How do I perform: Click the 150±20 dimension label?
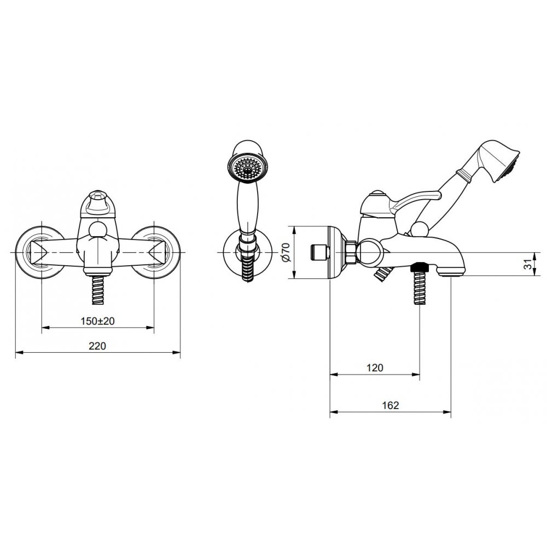[x=98, y=321]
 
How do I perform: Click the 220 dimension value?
[x=97, y=346]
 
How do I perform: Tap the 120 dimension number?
[x=375, y=368]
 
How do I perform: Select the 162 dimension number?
[x=390, y=405]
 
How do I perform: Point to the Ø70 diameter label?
[x=286, y=252]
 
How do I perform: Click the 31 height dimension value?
[x=529, y=264]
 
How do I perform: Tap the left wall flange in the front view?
[x=39, y=253]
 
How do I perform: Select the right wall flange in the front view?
[x=156, y=253]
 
